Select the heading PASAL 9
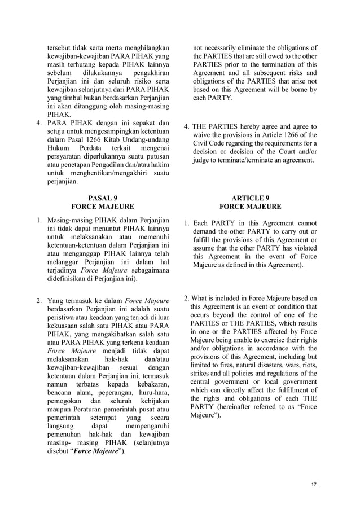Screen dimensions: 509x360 click(102, 198)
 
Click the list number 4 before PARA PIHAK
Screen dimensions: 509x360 click(38, 122)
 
